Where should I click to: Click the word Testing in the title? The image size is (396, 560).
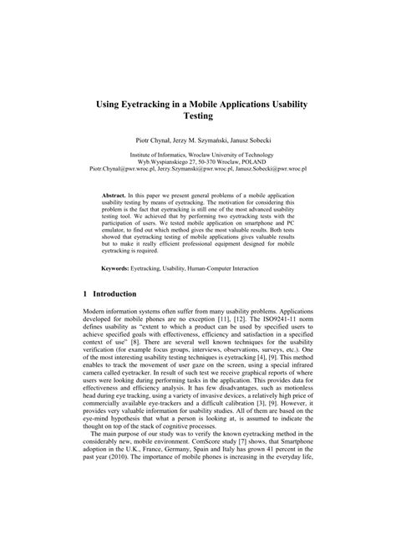click(198, 116)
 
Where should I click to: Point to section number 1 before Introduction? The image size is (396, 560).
click(87, 295)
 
